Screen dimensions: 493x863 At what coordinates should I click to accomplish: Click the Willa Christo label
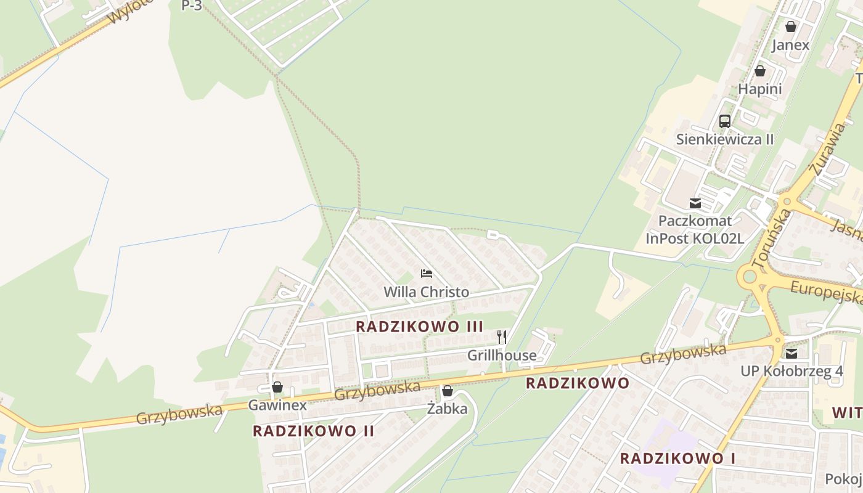426,292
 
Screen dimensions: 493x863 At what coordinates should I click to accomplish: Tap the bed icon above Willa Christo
426,273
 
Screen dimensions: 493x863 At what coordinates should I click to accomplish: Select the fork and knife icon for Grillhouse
502,336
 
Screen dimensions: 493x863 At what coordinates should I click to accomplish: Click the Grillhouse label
502,356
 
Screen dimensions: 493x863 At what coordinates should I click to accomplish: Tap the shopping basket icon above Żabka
448,391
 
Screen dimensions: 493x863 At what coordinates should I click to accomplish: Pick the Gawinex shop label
277,405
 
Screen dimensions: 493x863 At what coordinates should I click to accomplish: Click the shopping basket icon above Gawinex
277,387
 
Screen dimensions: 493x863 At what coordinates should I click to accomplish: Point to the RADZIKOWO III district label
420,327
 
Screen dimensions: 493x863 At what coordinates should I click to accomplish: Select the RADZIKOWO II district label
314,431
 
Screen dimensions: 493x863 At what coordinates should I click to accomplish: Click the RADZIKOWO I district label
677,458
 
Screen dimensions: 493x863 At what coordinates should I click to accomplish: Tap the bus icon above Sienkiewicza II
725,121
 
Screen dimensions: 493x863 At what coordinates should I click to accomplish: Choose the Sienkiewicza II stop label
725,139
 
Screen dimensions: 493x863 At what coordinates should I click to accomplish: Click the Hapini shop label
760,89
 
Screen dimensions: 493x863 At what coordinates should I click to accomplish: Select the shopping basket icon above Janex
791,26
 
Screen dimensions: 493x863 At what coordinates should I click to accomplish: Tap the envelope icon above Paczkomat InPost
695,203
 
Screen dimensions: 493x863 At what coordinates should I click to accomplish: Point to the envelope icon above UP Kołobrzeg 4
791,353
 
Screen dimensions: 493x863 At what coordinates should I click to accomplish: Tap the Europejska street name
827,292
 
